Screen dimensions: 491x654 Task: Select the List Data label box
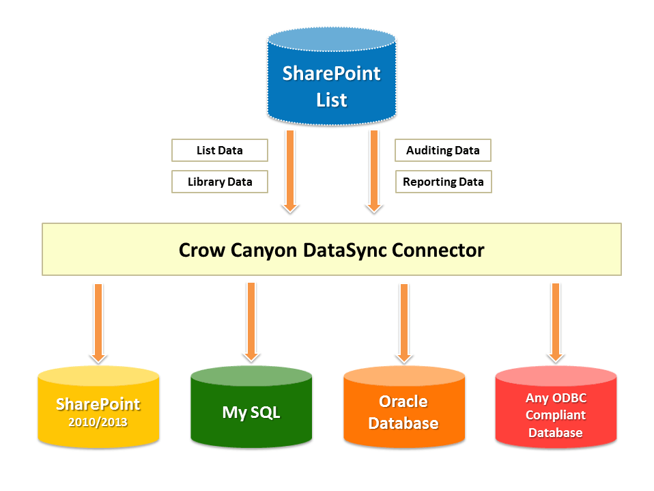pyautogui.click(x=219, y=150)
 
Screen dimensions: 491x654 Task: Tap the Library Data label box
pyautogui.click(x=219, y=182)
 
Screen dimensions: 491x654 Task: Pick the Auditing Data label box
pyautogui.click(x=443, y=150)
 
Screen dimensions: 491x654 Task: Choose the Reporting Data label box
pyautogui.click(x=443, y=182)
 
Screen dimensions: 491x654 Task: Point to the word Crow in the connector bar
pyautogui.click(x=199, y=250)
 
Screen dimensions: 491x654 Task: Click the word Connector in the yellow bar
pyautogui.click(x=438, y=250)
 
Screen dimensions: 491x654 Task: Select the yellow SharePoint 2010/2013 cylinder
pyautogui.click(x=98, y=410)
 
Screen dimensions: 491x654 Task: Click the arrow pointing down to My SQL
pyautogui.click(x=251, y=321)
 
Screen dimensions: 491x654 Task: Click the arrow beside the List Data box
pyautogui.click(x=291, y=171)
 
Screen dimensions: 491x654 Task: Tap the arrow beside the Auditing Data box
pyautogui.click(x=374, y=171)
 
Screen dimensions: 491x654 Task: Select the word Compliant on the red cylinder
pyautogui.click(x=556, y=415)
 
